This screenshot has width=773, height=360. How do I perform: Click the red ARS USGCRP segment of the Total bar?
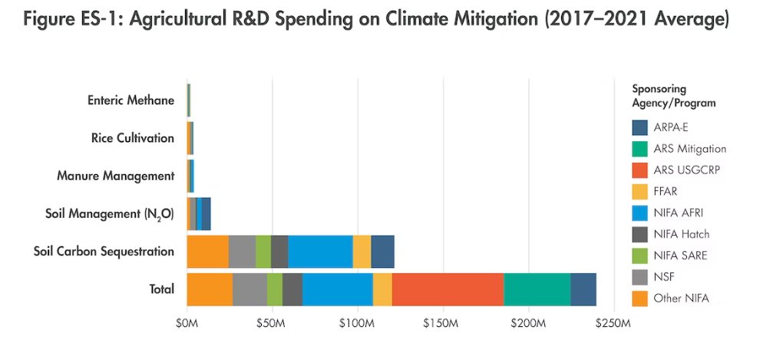(448, 289)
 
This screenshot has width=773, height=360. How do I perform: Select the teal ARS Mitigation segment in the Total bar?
(537, 289)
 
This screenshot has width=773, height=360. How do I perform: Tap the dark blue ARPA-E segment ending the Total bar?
(583, 289)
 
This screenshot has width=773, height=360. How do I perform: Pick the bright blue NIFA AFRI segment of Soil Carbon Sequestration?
(320, 252)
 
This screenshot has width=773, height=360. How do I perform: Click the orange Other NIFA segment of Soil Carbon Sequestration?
(207, 252)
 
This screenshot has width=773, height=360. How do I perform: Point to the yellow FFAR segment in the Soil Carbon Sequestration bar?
(362, 252)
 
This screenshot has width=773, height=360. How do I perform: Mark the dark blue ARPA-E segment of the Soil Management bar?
(206, 213)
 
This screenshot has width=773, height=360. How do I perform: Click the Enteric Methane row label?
(130, 100)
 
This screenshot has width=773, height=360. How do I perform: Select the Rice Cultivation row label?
(132, 138)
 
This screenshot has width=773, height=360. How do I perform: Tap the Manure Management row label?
(116, 176)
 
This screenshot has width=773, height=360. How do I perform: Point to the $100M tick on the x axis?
(357, 325)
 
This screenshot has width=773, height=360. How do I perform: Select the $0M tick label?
(187, 325)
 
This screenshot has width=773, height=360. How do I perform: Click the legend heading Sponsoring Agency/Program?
(673, 95)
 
